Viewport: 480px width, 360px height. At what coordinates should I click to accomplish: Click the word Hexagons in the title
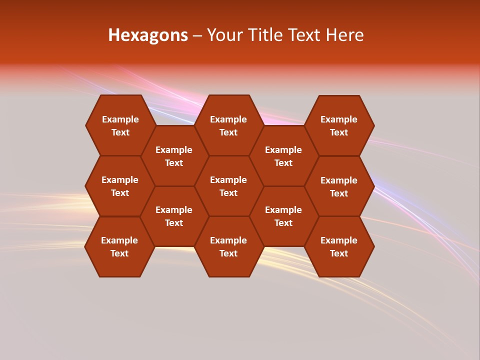148,35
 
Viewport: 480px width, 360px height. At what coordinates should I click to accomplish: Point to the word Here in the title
345,35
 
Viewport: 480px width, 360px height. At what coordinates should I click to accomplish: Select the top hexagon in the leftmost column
120,125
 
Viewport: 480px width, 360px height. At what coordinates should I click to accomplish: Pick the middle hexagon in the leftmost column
120,186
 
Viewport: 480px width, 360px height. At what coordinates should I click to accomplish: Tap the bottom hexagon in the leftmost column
119,246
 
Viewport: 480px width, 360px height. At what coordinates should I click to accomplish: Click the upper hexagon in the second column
174,156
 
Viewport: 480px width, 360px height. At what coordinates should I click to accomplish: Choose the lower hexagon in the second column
174,216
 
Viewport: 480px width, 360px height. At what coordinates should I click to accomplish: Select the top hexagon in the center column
228,125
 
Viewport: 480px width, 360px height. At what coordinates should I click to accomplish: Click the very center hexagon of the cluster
228,186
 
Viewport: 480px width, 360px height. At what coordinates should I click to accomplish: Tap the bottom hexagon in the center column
228,246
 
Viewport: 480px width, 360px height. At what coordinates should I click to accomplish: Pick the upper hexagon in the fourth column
283,156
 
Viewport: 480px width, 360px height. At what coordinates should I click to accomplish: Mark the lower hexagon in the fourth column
283,216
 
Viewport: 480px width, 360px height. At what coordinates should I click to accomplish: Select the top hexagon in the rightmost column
339,125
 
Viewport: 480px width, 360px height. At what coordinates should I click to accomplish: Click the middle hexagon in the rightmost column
339,186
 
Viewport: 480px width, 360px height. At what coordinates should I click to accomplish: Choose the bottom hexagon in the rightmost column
339,246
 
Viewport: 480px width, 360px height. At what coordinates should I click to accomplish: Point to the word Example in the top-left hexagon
120,119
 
